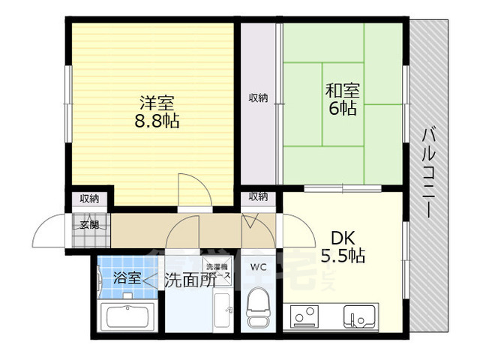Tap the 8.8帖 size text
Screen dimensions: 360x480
tap(157, 121)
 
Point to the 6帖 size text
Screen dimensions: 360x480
tap(342, 109)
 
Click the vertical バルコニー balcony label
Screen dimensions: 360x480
tap(428, 172)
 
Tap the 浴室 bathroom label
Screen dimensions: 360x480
tap(127, 278)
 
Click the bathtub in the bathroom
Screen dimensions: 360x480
tap(129, 316)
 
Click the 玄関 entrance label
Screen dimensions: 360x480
tap(89, 223)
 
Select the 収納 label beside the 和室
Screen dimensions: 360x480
tap(258, 98)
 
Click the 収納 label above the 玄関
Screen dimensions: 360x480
tap(89, 199)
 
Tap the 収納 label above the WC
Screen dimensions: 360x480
tap(258, 196)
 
